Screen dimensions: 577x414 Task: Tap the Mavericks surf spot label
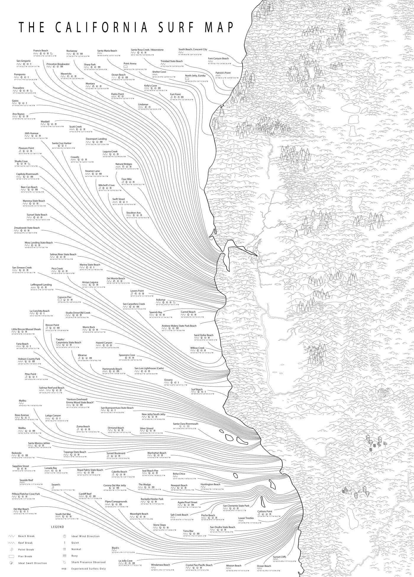(66, 74)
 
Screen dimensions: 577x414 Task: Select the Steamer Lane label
(92, 171)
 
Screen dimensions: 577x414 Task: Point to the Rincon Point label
(52, 325)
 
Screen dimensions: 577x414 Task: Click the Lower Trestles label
(246, 518)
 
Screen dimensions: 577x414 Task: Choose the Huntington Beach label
(210, 484)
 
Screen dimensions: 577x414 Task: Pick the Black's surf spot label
(115, 548)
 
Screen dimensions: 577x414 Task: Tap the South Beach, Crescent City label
(193, 50)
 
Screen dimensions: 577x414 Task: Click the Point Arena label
(130, 63)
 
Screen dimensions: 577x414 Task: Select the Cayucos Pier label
(64, 297)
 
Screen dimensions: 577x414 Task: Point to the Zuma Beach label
(83, 426)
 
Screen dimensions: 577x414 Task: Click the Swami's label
(56, 485)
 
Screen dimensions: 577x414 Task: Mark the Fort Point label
(175, 94)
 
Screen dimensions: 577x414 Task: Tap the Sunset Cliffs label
(279, 557)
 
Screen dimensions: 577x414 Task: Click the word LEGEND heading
(57, 527)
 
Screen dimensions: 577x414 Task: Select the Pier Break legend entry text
(25, 556)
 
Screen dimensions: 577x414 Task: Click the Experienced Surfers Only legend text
(84, 568)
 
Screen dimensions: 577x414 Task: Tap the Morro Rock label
(89, 327)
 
